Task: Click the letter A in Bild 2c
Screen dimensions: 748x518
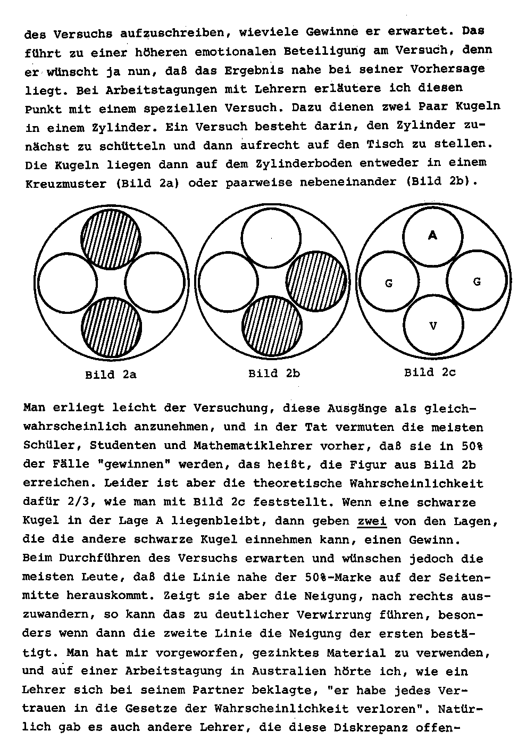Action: coord(432,235)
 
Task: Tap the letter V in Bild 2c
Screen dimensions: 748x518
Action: coord(433,326)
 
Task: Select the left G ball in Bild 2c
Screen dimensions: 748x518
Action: coord(389,283)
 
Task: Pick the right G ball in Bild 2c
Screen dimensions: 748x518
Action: coord(477,281)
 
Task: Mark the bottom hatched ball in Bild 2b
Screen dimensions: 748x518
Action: coord(272,325)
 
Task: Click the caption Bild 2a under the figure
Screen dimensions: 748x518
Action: coord(111,375)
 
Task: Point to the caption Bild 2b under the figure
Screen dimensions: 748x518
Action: coord(274,373)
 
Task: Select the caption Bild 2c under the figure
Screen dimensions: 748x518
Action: coord(430,372)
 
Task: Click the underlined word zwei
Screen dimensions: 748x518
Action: coord(372,521)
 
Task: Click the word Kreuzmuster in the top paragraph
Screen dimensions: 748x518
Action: coord(65,184)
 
